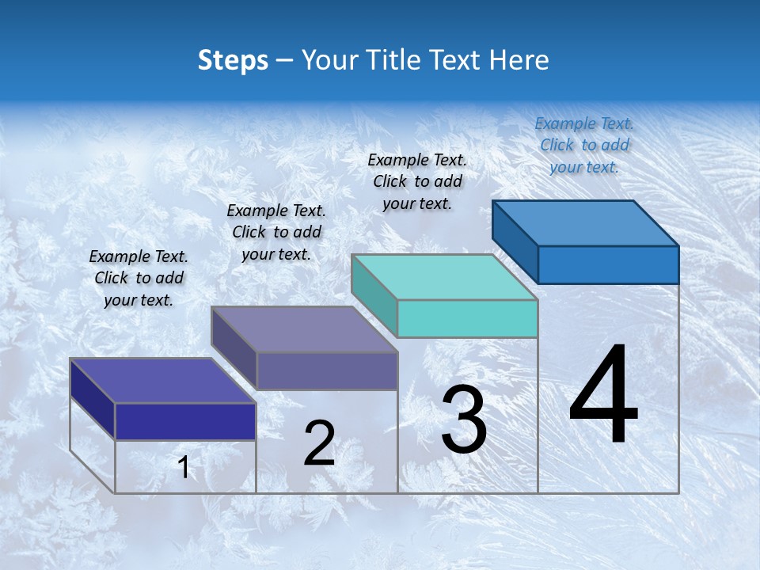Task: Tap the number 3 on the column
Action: click(x=464, y=419)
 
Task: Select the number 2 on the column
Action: click(x=319, y=443)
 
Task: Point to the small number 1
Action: click(x=184, y=467)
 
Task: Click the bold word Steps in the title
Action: click(x=233, y=60)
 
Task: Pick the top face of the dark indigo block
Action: click(x=163, y=381)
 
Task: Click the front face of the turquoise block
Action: click(x=467, y=318)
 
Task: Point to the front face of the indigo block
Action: click(x=185, y=421)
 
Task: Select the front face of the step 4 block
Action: click(x=608, y=264)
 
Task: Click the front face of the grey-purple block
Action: click(x=326, y=370)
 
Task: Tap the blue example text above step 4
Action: click(x=584, y=146)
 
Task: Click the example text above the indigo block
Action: click(x=139, y=278)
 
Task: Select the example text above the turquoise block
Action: click(x=417, y=181)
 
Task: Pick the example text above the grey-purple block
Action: click(x=276, y=232)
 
